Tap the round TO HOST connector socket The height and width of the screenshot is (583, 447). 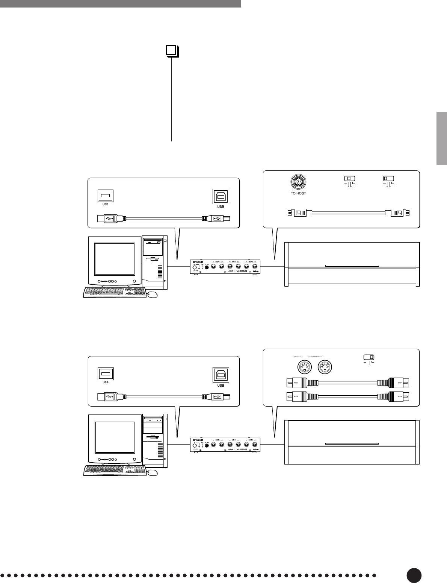pos(298,182)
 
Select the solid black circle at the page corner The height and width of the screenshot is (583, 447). pos(414,575)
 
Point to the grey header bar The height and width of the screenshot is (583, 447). pos(120,3)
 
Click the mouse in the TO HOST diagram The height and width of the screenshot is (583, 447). pos(152,295)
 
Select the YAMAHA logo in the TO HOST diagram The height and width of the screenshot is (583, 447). pos(201,262)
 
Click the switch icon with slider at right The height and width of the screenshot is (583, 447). pos(369,357)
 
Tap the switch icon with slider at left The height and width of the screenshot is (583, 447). pos(388,178)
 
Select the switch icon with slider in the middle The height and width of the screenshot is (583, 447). pos(349,178)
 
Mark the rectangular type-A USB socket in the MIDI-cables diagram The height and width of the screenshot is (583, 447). pos(106,374)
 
